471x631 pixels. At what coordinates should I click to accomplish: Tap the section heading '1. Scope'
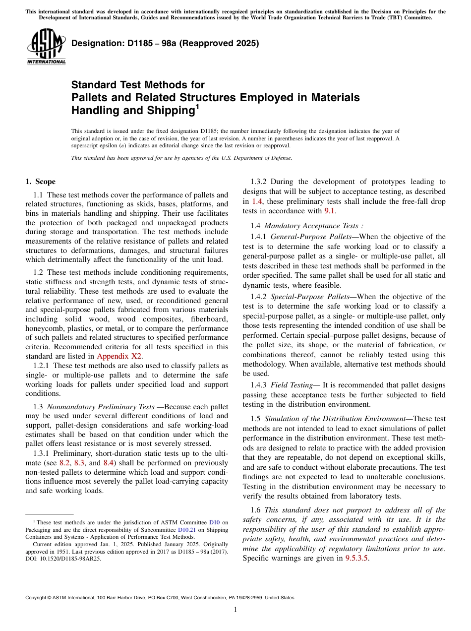pyautogui.click(x=40, y=182)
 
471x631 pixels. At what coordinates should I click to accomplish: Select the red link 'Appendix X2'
pyautogui.click(x=119, y=356)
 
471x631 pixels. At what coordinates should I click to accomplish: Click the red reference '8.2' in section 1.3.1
pyautogui.click(x=64, y=463)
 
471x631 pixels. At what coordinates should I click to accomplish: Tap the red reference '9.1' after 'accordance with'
pyautogui.click(x=330, y=210)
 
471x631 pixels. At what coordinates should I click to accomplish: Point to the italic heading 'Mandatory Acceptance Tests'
pyautogui.click(x=312, y=226)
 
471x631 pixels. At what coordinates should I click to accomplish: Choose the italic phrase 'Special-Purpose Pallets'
pyautogui.click(x=310, y=297)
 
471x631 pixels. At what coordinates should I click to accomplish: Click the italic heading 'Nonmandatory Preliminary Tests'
pyautogui.click(x=101, y=407)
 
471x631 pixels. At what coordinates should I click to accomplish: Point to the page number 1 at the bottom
pyautogui.click(x=235, y=610)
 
